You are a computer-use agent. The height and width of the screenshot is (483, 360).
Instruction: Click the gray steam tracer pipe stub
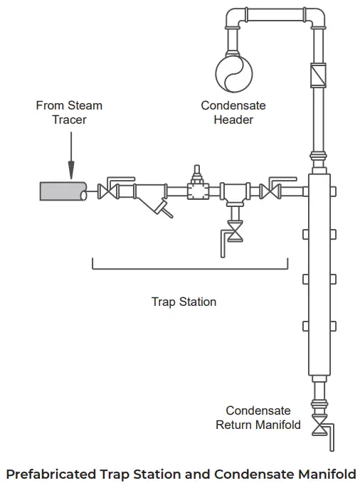[x=63, y=191]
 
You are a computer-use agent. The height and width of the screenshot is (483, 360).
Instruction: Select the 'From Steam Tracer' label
[x=69, y=112]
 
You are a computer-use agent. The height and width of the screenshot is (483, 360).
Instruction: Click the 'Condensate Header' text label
[x=233, y=112]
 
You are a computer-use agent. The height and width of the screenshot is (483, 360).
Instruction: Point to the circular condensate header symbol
[x=233, y=73]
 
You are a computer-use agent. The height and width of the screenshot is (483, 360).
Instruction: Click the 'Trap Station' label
[x=184, y=302]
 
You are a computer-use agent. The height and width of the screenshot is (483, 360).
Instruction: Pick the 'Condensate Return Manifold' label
[x=258, y=418]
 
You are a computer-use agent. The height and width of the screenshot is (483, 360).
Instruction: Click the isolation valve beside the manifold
[x=270, y=191]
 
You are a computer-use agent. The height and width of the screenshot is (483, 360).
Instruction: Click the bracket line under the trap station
[x=190, y=270]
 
